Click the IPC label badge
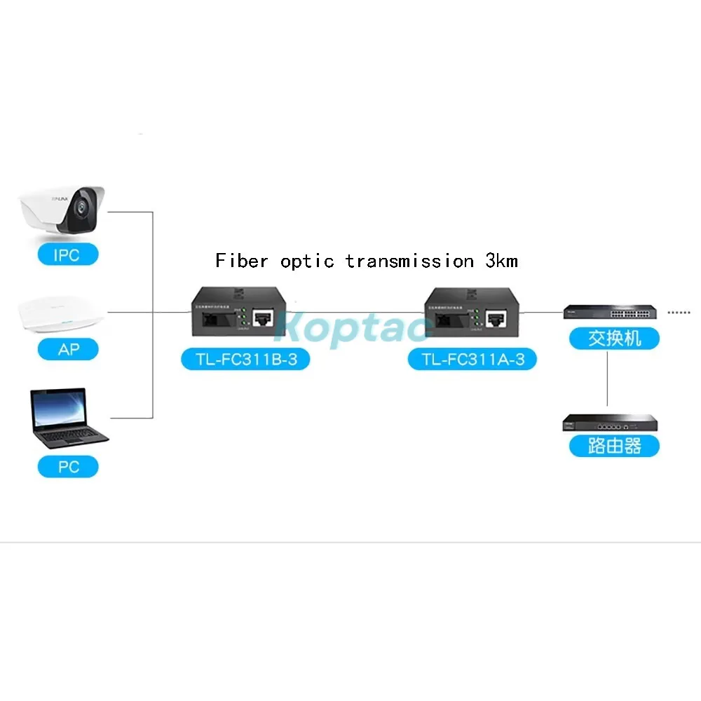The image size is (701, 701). (x=67, y=254)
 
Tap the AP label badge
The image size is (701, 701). (x=68, y=348)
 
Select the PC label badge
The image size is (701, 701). (x=68, y=466)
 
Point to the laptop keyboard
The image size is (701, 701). (x=74, y=435)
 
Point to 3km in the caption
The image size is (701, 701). (x=501, y=261)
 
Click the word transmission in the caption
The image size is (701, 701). (x=409, y=261)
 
